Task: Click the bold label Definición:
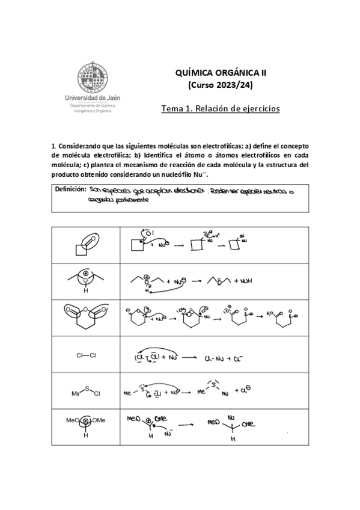pos(71,189)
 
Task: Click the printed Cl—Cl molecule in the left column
pos(86,355)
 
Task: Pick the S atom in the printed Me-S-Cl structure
pos(86,389)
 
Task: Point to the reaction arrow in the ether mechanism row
pos(196,280)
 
